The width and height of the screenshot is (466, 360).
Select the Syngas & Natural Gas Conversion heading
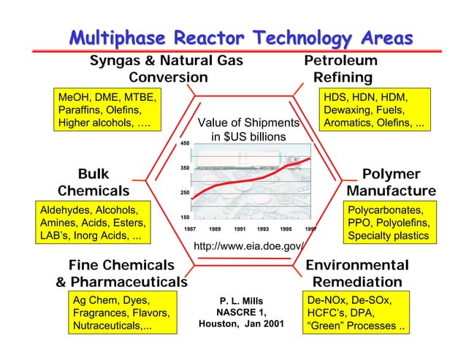point(167,69)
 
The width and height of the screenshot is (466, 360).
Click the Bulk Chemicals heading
point(93,183)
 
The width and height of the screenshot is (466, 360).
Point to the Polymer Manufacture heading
point(391,183)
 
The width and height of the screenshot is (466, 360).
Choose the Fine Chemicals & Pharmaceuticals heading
point(121,273)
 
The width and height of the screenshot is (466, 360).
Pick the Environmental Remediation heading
point(357,273)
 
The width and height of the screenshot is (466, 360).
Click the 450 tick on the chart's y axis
point(185,144)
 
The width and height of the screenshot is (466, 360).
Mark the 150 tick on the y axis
point(185,218)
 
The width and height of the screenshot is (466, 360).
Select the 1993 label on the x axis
point(263,229)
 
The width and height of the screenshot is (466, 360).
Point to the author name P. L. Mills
point(241,301)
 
